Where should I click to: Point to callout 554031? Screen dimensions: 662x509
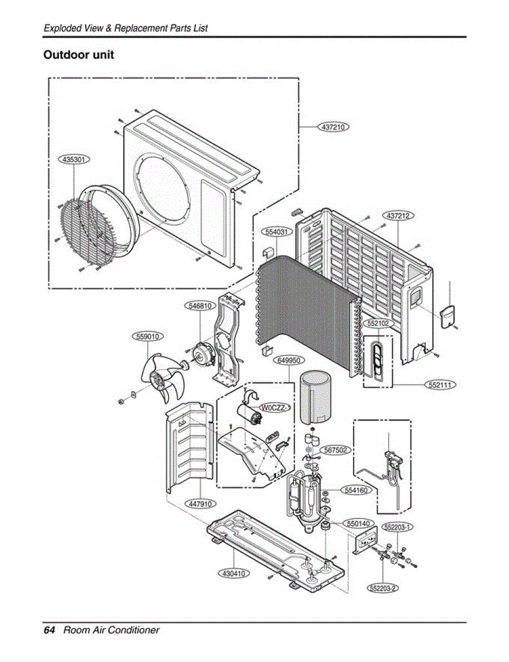[276, 232]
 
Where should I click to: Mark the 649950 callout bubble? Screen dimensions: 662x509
[289, 360]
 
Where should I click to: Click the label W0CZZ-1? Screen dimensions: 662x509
[275, 408]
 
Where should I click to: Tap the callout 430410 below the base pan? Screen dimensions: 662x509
[234, 574]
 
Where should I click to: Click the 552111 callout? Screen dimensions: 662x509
[440, 385]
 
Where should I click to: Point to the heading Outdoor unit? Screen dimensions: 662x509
[78, 55]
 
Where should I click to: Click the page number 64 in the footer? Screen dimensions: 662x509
[49, 630]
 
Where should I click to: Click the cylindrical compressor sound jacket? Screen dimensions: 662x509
[315, 396]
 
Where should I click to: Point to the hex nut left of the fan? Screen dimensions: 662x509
[120, 399]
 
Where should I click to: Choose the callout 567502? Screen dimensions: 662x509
[335, 450]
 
